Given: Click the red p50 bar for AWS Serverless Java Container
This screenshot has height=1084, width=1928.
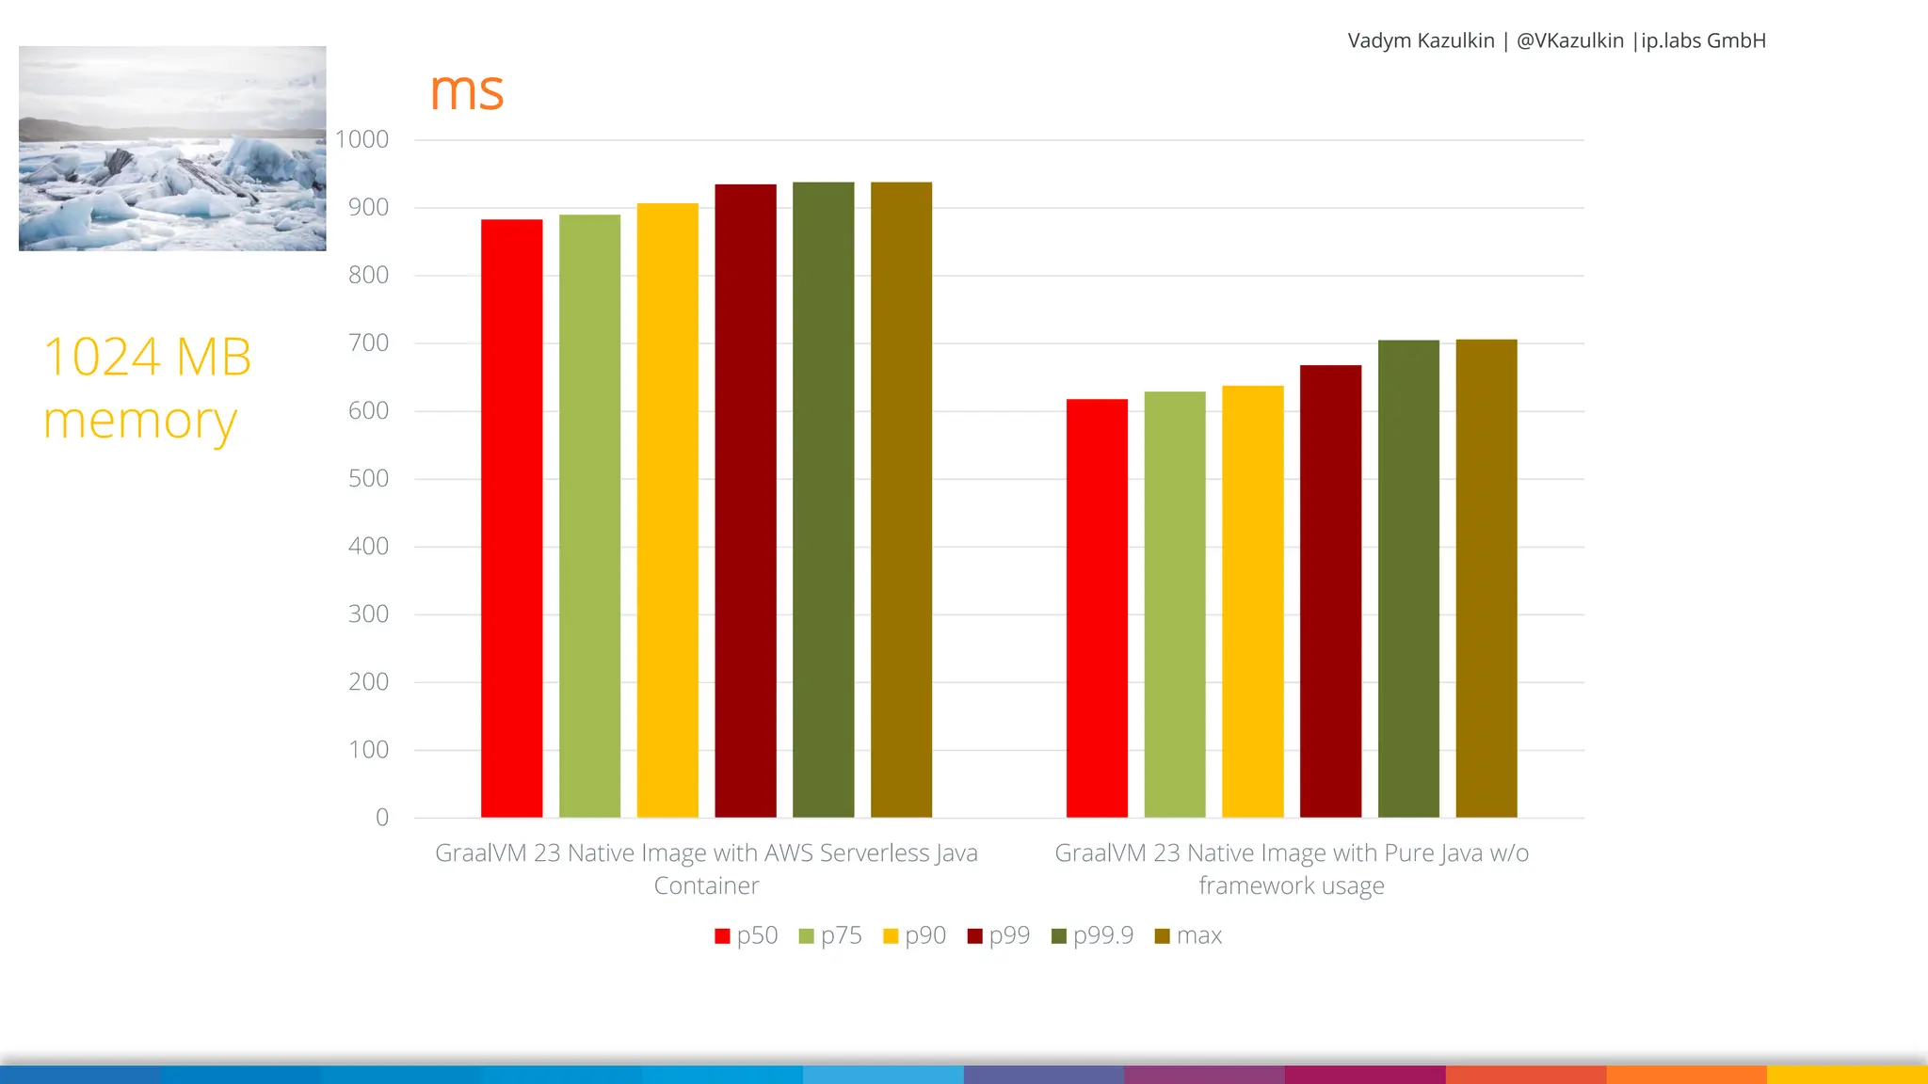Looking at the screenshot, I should click(x=511, y=518).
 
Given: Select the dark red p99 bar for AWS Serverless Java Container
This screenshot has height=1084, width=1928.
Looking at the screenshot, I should click(x=745, y=501).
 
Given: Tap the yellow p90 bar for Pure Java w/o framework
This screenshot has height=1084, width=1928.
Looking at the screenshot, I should click(x=1252, y=601).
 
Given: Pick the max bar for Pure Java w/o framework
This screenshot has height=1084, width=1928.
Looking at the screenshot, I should click(x=1486, y=578).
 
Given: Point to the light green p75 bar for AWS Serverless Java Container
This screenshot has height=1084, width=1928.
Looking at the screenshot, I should click(x=589, y=516).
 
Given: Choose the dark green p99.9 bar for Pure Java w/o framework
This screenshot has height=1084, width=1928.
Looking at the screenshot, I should click(x=1408, y=579).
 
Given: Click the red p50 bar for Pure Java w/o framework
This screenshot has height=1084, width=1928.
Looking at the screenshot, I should click(x=1097, y=608).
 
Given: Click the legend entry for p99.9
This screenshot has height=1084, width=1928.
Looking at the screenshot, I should click(x=1092, y=935).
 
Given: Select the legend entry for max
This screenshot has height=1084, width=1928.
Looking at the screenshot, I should click(x=1188, y=935).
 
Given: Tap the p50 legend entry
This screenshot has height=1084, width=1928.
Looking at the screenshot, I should click(x=747, y=935).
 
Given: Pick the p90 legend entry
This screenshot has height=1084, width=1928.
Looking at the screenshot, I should click(x=914, y=935).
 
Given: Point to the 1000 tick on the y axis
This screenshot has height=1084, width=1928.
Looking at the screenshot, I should click(x=362, y=139).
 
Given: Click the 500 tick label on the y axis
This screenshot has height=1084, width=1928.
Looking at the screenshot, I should click(x=368, y=478).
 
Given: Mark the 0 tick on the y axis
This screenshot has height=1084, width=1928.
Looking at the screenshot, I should click(x=381, y=817).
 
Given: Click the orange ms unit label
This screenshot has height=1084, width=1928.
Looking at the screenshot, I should click(x=466, y=91).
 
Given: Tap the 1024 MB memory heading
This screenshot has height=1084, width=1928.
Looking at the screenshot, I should click(x=147, y=388).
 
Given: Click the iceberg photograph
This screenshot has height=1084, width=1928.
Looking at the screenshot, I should click(x=172, y=148).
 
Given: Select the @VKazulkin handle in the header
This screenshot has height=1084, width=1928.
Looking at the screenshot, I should click(x=1569, y=40).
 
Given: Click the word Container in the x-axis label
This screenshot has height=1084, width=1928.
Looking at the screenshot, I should click(x=706, y=885).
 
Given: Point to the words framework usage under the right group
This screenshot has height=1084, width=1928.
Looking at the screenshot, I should click(x=1291, y=885).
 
